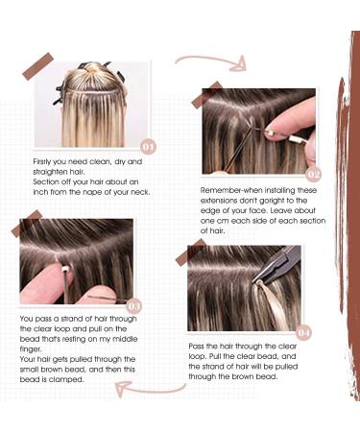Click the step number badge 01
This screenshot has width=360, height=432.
(147, 147)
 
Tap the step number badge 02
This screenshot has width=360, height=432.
(313, 175)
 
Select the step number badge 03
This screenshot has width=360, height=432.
(133, 306)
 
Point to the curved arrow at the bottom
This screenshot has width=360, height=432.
(149, 389)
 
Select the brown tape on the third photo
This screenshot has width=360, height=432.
(23, 228)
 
